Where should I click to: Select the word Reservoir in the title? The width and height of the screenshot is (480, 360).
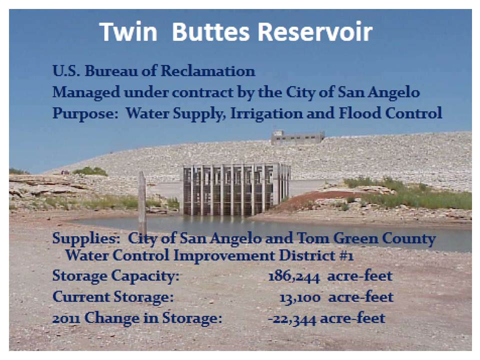pyautogui.click(x=315, y=32)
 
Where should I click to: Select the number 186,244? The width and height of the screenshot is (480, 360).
pyautogui.click(x=295, y=275)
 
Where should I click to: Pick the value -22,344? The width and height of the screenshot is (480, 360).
pyautogui.click(x=293, y=318)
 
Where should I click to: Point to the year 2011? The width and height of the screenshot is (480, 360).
pyautogui.click(x=65, y=318)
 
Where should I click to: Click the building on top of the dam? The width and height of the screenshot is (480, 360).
pyautogui.click(x=297, y=137)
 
